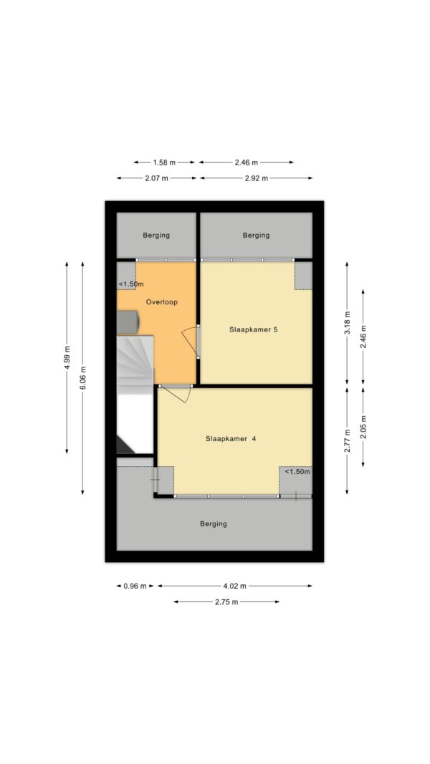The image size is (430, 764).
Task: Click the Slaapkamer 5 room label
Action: (254, 329)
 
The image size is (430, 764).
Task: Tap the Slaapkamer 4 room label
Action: (231, 438)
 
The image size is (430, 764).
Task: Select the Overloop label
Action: (162, 302)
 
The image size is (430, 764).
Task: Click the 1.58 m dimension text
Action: (164, 163)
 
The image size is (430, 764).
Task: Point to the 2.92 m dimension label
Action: (257, 178)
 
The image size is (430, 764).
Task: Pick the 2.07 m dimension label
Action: (156, 178)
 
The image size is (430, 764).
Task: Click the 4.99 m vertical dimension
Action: (67, 357)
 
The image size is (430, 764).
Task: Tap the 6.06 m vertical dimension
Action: (82, 378)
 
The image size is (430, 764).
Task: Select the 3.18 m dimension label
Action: (347, 322)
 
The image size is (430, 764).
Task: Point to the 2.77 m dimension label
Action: (347, 441)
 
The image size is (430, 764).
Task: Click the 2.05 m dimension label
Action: (363, 427)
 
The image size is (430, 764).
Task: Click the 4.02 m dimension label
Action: (234, 586)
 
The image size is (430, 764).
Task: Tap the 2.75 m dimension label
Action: (226, 601)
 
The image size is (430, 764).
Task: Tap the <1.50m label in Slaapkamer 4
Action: (297, 472)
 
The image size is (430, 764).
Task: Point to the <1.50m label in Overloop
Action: (131, 284)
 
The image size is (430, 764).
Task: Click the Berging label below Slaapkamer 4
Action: (214, 524)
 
